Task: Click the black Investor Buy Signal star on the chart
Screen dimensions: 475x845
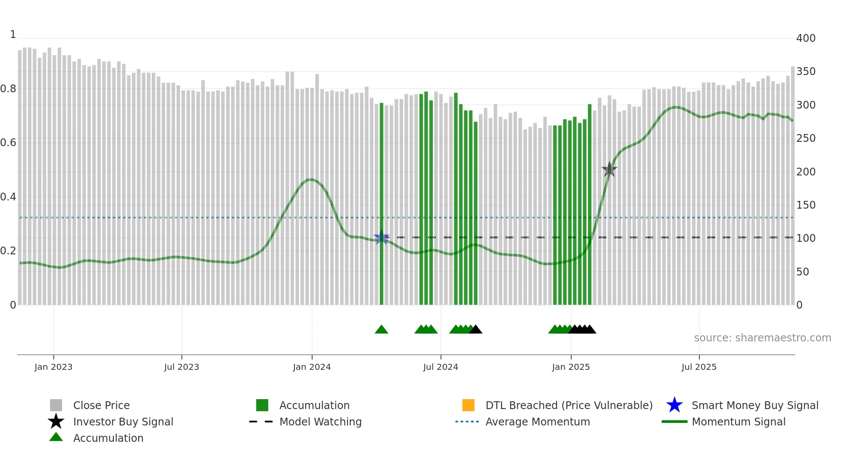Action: pos(609,169)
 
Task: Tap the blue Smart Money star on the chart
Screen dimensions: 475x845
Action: pos(381,237)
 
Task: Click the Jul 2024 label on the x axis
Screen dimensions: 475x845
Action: pos(441,367)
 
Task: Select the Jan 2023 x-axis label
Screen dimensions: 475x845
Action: pos(53,367)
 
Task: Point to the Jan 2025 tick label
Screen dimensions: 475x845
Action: pos(571,367)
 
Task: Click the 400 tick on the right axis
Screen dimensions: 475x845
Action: pos(806,38)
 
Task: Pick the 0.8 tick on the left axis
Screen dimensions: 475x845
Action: pos(8,89)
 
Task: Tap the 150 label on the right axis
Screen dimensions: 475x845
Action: pos(806,205)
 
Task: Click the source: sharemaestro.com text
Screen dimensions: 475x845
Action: pos(762,338)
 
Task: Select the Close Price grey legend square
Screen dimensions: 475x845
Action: pos(56,405)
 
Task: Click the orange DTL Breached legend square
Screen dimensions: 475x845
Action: pos(468,405)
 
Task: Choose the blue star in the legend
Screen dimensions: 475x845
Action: pos(674,405)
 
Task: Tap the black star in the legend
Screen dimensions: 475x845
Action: pos(56,422)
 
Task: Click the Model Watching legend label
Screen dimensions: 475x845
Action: pos(320,422)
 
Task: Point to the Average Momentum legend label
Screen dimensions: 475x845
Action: pos(538,422)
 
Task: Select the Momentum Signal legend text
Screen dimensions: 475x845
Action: pos(739,422)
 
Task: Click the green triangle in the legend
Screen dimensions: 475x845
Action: pos(56,437)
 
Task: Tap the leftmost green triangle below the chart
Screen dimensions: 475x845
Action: pos(382,330)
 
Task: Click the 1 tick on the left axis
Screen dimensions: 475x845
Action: pos(13,34)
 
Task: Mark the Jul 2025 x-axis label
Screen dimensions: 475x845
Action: pos(699,367)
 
